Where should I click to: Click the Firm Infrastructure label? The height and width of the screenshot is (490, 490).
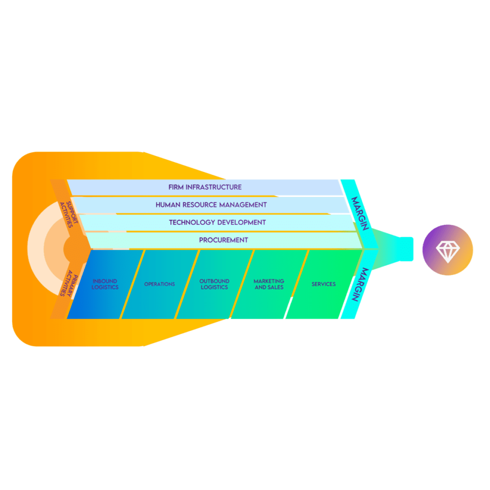pos(205,187)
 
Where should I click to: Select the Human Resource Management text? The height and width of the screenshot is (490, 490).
pos(211,205)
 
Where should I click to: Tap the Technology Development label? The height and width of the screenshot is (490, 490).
pos(217,223)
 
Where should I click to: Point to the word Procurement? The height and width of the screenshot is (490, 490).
pos(223,240)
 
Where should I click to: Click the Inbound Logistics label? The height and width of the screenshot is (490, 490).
pos(105,284)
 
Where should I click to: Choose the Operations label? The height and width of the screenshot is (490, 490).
pos(159,284)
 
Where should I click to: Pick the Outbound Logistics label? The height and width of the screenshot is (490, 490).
pos(214,284)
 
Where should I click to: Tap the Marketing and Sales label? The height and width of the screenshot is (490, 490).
pos(269,284)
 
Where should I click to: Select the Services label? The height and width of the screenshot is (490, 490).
pos(323,284)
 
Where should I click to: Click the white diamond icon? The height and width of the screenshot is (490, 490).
pos(447,250)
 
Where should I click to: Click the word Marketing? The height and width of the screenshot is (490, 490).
pos(269,281)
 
